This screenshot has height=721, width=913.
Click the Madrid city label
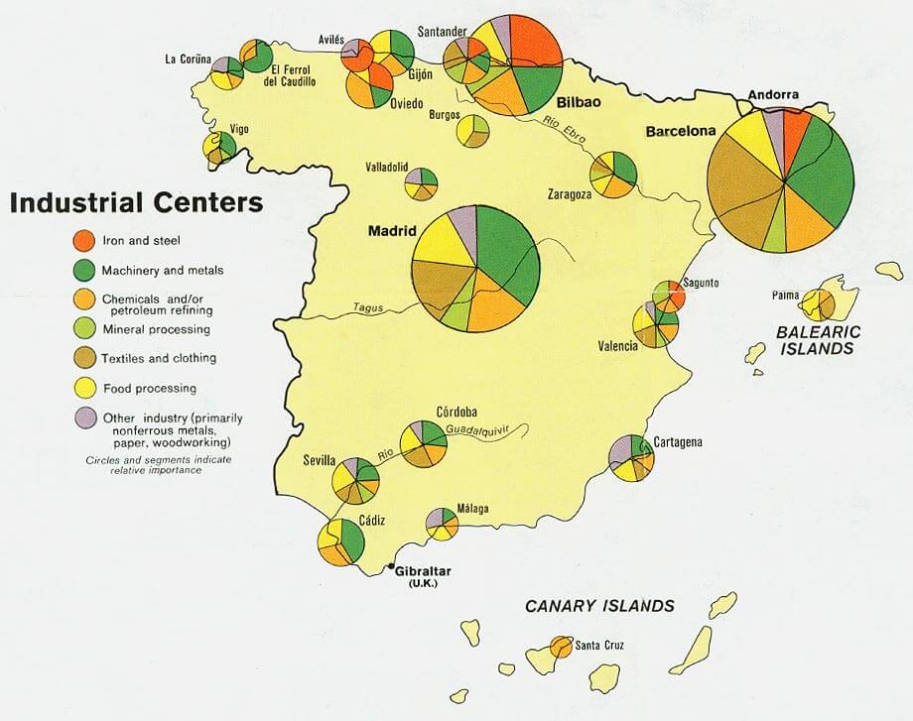[390, 231]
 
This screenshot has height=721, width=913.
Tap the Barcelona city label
[680, 131]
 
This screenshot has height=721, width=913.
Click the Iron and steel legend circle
[86, 239]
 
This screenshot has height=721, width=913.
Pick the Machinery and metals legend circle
[86, 269]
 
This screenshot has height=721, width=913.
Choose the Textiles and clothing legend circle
[86, 357]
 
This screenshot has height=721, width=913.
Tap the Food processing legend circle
[86, 388]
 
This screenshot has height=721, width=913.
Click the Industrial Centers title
[136, 203]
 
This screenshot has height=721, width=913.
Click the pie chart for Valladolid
[421, 183]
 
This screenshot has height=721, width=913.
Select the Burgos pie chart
[472, 131]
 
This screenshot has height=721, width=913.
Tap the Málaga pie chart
[442, 523]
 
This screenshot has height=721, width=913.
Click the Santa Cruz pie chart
[561, 651]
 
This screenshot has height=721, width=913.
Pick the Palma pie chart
[819, 303]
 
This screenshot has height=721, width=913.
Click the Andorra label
[773, 95]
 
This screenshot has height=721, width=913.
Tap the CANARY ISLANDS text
[599, 606]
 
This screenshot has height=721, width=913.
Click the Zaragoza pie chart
[612, 175]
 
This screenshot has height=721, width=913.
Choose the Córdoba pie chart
[424, 443]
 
